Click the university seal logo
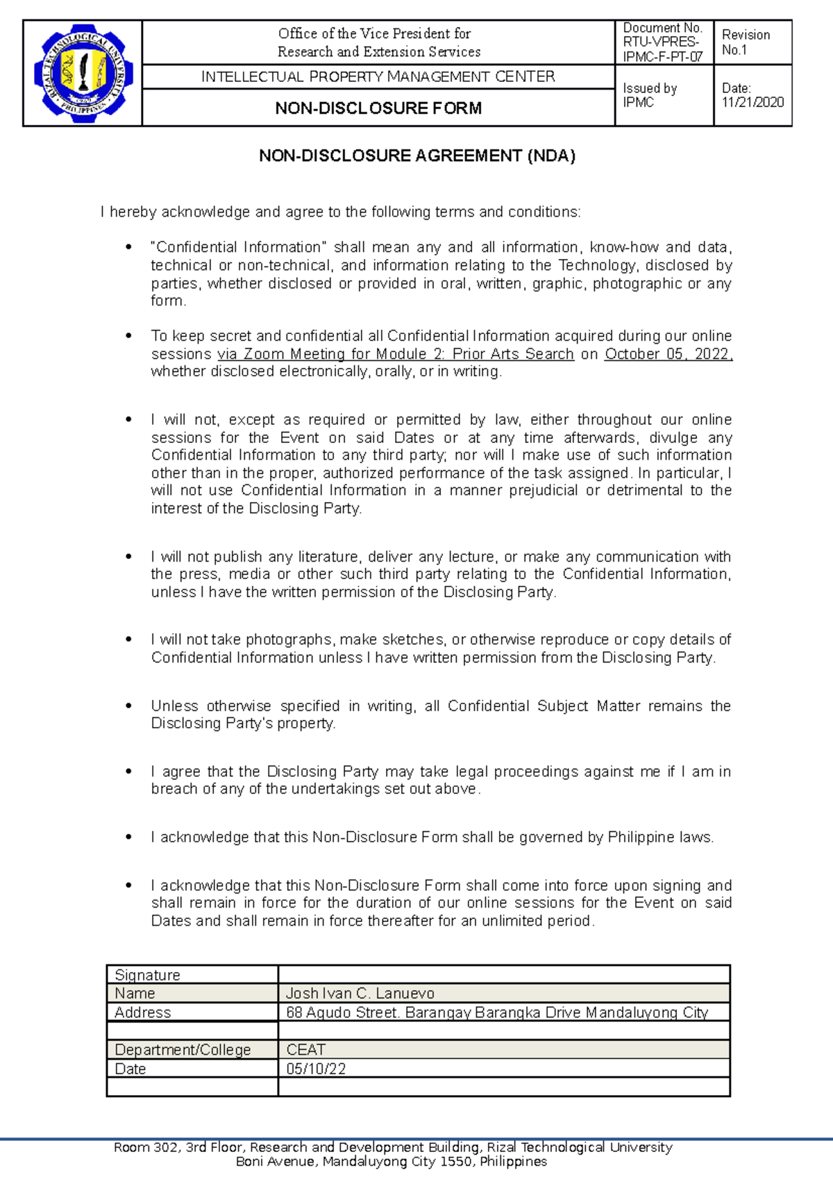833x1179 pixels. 83,73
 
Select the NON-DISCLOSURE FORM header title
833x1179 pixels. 378,108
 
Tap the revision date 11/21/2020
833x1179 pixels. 752,103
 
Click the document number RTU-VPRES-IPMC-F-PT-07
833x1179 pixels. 662,42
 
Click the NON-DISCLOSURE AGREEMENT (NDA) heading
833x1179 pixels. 417,156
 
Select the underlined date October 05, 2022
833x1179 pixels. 668,354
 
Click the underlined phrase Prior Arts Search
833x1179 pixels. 513,354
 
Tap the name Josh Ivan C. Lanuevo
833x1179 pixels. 360,994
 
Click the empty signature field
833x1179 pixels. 503,975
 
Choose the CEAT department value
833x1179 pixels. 305,1050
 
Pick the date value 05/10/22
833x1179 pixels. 316,1069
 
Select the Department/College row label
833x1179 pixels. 183,1050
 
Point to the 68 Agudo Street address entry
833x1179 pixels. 496,1012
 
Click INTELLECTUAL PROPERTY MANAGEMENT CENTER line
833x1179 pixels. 378,77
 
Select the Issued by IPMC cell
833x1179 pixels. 649,96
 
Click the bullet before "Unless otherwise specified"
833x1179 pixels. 128,706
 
